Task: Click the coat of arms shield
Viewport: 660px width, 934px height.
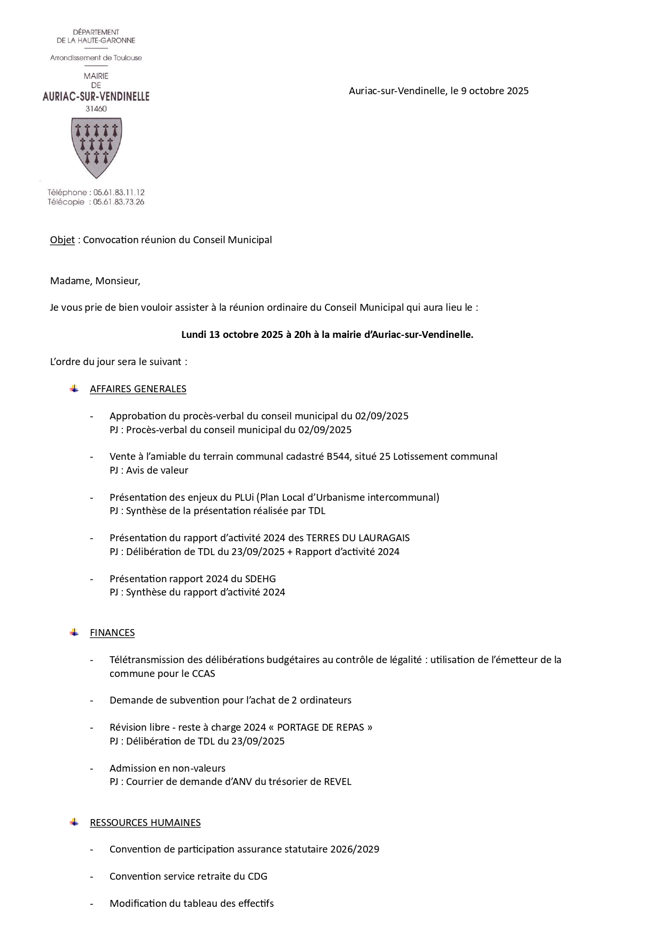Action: [x=96, y=147]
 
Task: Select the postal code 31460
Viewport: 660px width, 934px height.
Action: [x=96, y=109]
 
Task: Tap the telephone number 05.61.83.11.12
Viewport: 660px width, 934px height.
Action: [x=119, y=192]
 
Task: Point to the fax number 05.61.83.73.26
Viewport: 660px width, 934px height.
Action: [x=119, y=202]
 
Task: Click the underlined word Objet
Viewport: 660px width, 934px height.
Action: [x=62, y=240]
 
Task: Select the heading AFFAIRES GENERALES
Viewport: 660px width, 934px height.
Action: [x=138, y=389]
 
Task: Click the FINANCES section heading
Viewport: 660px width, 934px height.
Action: [x=112, y=633]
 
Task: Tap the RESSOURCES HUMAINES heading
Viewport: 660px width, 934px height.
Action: [x=145, y=823]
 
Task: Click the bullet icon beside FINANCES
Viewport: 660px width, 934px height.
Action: [x=74, y=632]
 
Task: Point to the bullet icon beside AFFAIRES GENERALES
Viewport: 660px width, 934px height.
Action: [x=74, y=389]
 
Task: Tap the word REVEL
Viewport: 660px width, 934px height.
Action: [x=338, y=782]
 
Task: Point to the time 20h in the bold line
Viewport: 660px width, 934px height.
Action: [x=302, y=335]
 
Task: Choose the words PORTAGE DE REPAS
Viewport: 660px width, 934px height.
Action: [x=324, y=728]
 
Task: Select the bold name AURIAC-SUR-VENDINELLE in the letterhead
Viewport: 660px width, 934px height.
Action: [x=96, y=96]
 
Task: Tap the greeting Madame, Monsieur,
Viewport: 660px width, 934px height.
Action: [x=95, y=281]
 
